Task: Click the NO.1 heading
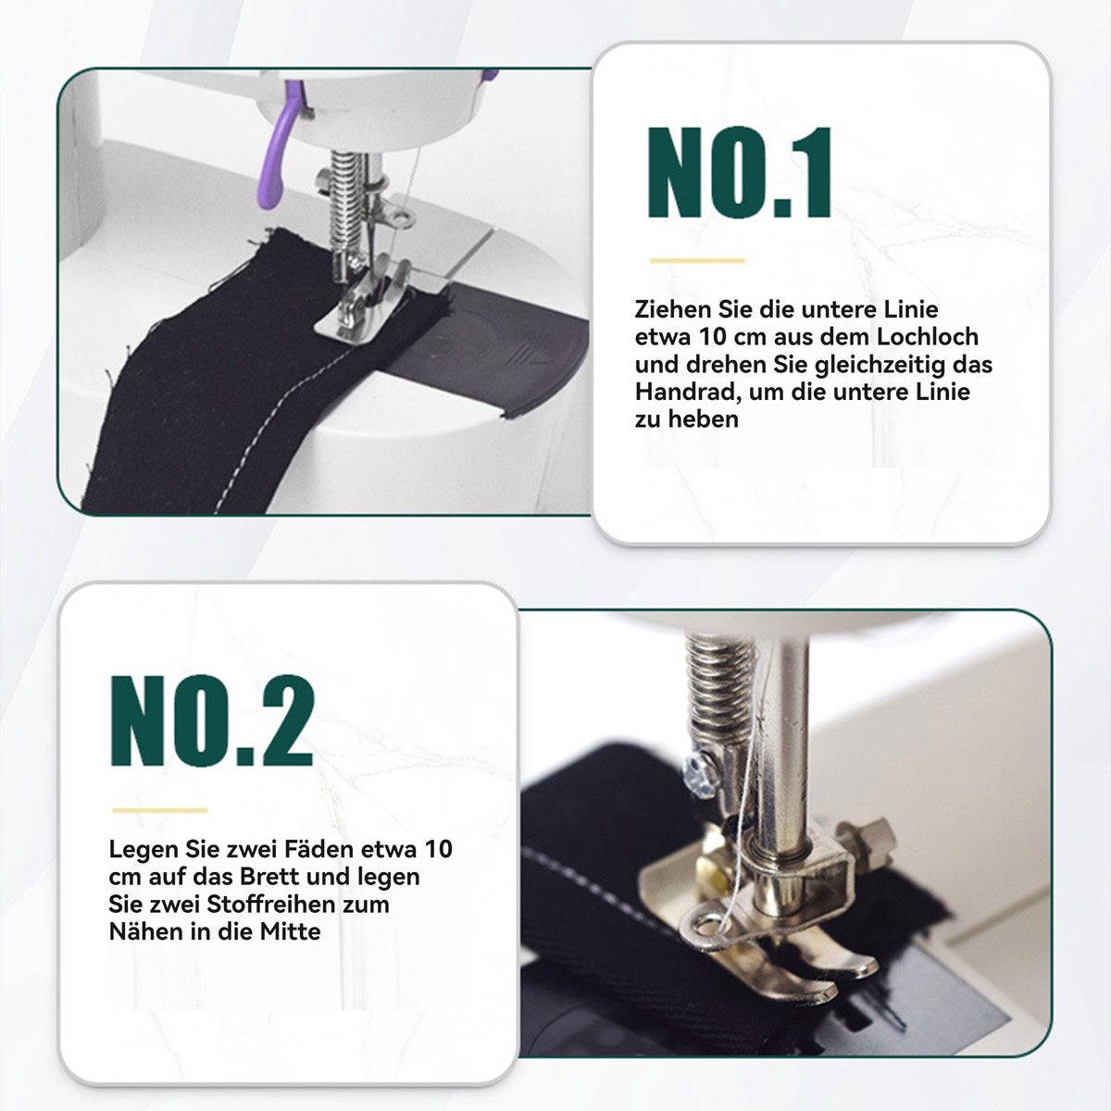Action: (x=740, y=172)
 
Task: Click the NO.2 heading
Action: (x=212, y=720)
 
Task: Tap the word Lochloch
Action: (x=928, y=337)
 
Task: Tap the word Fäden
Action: (x=320, y=849)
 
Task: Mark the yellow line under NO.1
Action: (x=697, y=260)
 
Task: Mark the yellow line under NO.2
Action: (x=160, y=810)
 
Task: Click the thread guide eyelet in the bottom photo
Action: (x=706, y=930)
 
